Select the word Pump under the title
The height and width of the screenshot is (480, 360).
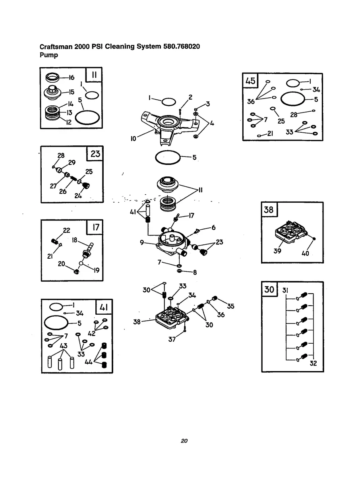click(x=49, y=55)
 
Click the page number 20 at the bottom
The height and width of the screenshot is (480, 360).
click(x=184, y=441)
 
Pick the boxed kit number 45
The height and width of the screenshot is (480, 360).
click(x=250, y=81)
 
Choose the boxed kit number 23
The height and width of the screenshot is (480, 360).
click(x=95, y=153)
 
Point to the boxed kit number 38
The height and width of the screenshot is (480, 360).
click(x=269, y=209)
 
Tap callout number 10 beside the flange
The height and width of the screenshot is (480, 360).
click(x=133, y=139)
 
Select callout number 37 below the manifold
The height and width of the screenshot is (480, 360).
click(x=172, y=340)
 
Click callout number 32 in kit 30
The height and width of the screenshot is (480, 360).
click(x=313, y=363)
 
